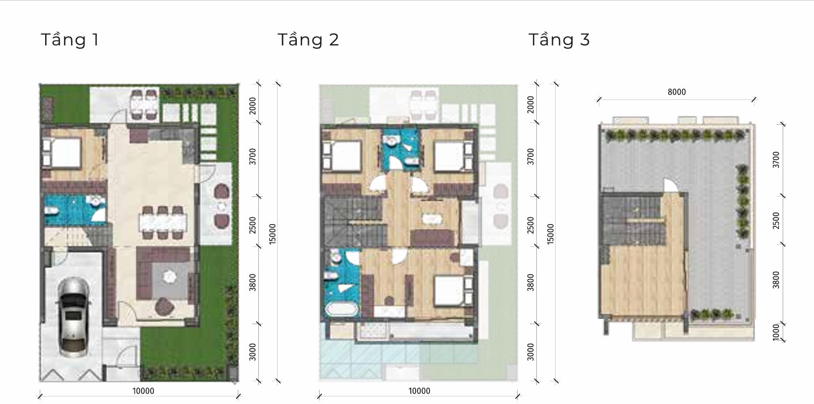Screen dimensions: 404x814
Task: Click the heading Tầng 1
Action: [70, 40]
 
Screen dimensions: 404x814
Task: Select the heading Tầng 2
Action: [308, 40]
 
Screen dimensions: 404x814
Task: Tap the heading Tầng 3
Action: [559, 40]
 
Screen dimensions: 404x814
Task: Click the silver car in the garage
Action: [73, 317]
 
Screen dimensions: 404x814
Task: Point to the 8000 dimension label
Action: [676, 92]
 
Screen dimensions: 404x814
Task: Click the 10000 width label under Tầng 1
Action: [143, 391]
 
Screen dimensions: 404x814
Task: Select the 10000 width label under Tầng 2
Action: [419, 391]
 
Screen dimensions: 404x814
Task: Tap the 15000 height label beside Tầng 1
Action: [273, 233]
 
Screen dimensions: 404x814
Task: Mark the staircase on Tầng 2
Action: [353, 221]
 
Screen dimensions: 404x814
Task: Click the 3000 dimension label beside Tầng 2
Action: [531, 352]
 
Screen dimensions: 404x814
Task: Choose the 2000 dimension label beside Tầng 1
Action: [253, 105]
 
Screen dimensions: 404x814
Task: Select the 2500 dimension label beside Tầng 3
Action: [776, 221]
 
